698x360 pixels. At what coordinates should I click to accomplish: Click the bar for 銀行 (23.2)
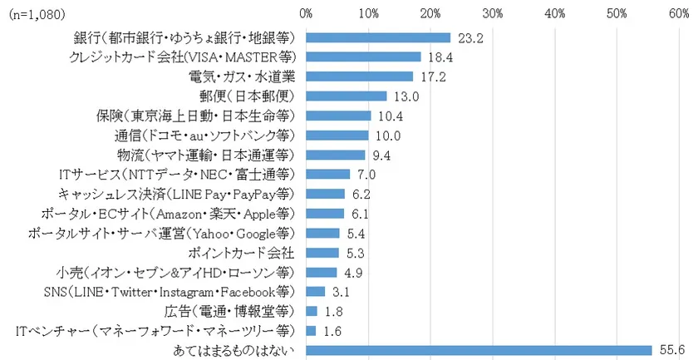pos(378,37)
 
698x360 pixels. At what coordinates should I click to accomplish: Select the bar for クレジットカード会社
pos(363,57)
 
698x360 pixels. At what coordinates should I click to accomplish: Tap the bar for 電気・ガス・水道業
pos(359,76)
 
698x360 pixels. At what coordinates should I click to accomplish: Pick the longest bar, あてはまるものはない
pos(479,350)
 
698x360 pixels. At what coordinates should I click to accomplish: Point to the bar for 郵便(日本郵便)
pos(347,96)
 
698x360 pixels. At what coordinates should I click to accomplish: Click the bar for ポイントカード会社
pos(322,252)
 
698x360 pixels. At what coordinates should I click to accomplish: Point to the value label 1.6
pos(331,330)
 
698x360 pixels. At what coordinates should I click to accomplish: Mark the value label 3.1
pos(340,291)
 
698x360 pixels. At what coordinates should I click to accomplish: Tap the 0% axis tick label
pos(306,14)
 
